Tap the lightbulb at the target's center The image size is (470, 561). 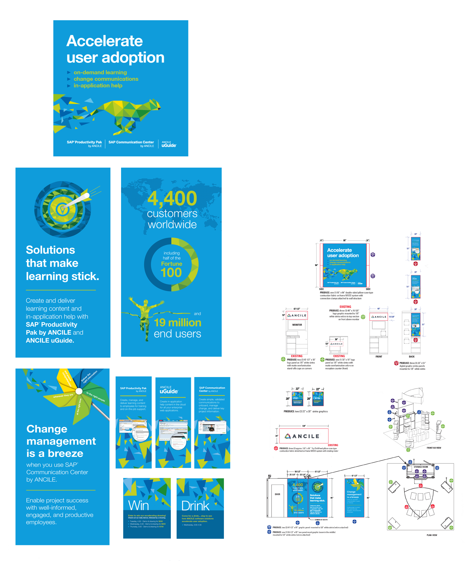[x=63, y=209]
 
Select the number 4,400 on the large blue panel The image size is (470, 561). [x=172, y=198]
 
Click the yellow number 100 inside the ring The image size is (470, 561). [x=171, y=272]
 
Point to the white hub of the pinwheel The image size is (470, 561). [x=79, y=391]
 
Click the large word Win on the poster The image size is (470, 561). [x=138, y=505]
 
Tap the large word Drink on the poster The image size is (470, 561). [x=195, y=506]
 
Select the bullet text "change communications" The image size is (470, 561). [x=106, y=79]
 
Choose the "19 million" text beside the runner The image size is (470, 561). [x=178, y=323]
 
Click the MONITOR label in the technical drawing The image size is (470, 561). [x=297, y=325]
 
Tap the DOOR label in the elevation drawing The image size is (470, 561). [x=277, y=494]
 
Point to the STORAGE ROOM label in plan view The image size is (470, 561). [x=421, y=467]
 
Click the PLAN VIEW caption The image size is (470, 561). [x=432, y=535]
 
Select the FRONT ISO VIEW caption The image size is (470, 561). [x=434, y=448]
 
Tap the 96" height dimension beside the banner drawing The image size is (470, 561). [x=316, y=265]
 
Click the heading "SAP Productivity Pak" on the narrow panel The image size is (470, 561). [x=133, y=388]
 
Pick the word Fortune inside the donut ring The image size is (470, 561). [x=171, y=264]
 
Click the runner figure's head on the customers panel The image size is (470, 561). [x=146, y=302]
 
